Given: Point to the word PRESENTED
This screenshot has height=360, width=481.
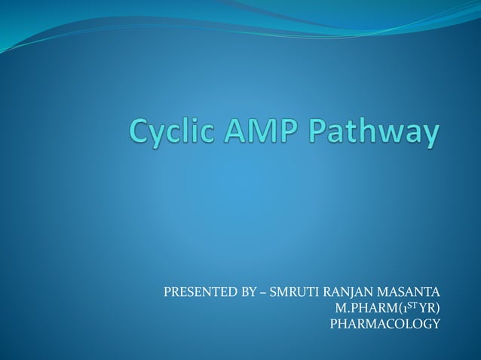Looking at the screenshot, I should (x=198, y=291).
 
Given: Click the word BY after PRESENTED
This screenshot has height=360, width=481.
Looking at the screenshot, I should (x=246, y=291).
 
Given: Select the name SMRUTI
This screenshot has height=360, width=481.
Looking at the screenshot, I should (x=290, y=291).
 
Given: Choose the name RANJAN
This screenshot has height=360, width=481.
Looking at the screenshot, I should (x=343, y=291).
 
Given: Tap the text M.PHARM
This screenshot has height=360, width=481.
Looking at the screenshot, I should (x=366, y=308).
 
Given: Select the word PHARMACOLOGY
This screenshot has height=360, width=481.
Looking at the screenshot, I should (x=385, y=324).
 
